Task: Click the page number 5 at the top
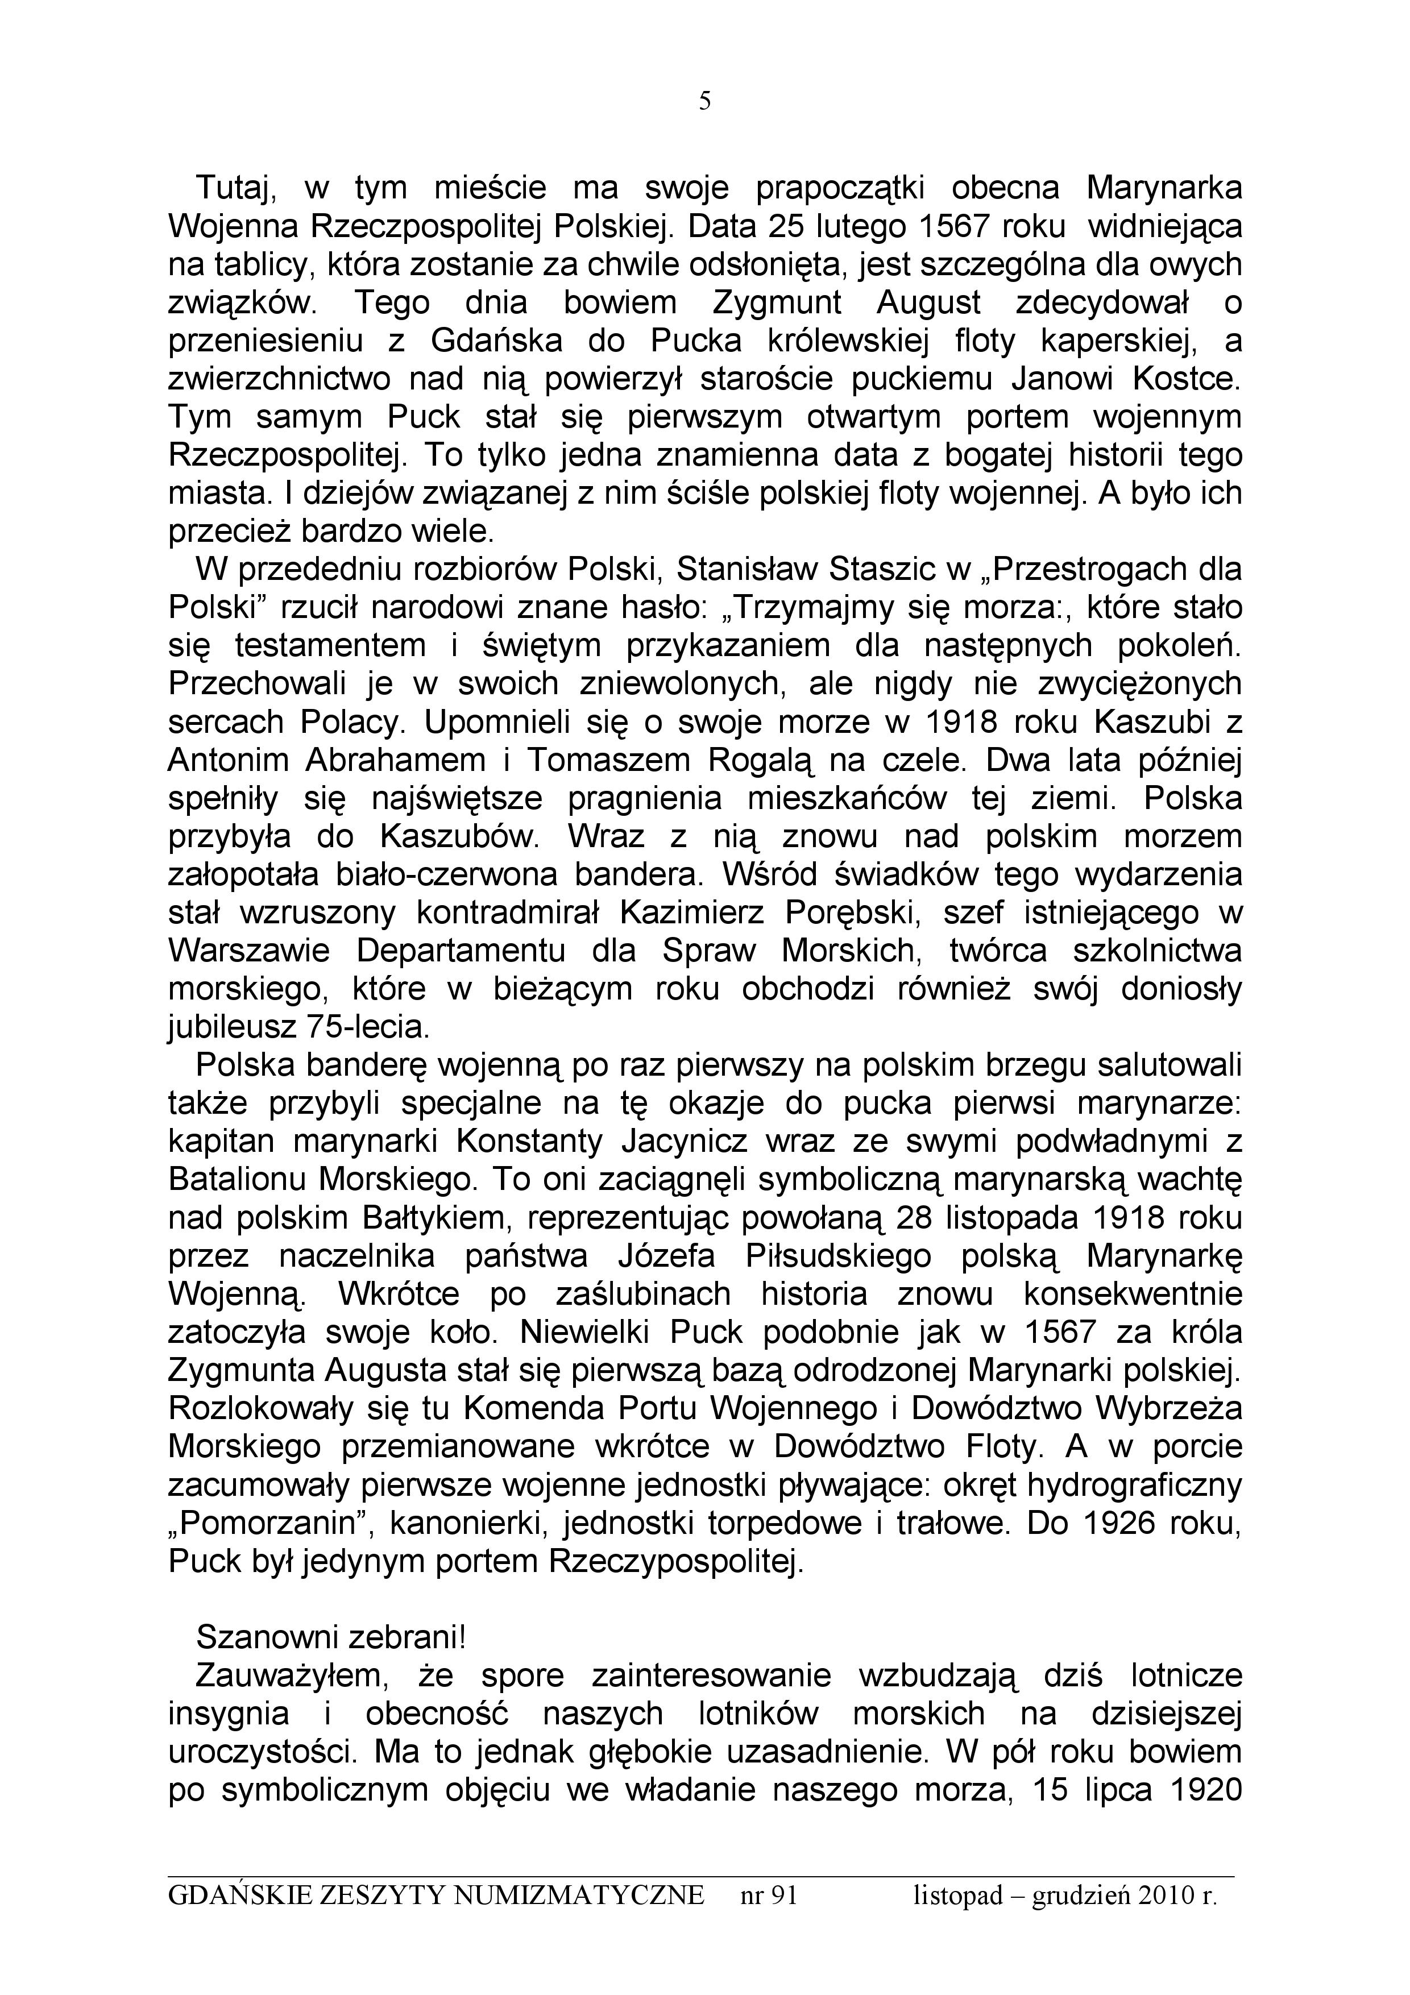click(704, 102)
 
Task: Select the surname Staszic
click(885, 570)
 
